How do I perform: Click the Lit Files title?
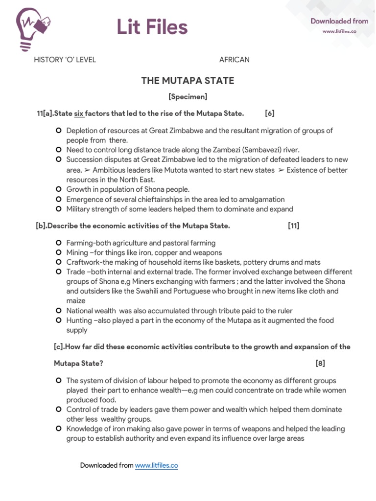(x=152, y=27)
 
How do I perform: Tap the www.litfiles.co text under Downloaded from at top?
(x=339, y=31)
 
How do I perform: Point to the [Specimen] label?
(x=188, y=97)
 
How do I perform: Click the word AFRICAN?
(x=234, y=60)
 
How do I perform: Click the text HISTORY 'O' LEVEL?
(x=65, y=60)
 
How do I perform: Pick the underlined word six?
(x=79, y=114)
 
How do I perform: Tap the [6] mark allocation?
(x=269, y=114)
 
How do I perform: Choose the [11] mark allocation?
(x=294, y=226)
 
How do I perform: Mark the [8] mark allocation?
(x=320, y=363)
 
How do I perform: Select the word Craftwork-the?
(x=88, y=262)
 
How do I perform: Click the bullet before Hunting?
(x=58, y=320)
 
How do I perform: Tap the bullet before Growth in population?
(x=58, y=189)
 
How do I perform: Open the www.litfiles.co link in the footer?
(x=156, y=465)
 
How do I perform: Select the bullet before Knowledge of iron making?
(x=58, y=429)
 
